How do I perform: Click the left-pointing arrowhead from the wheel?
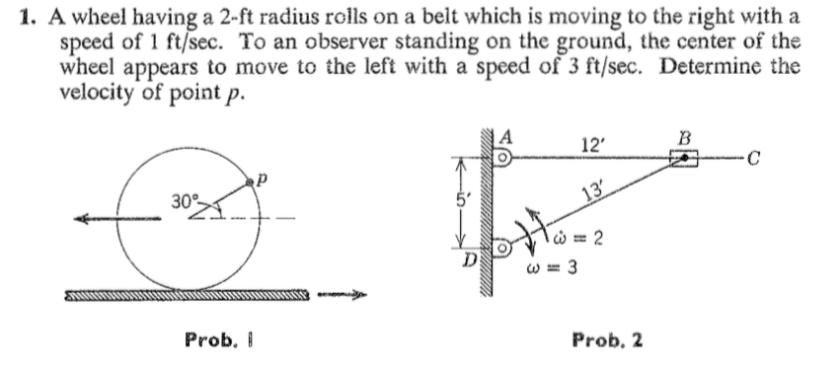pyautogui.click(x=77, y=221)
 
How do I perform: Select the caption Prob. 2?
pyautogui.click(x=607, y=339)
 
